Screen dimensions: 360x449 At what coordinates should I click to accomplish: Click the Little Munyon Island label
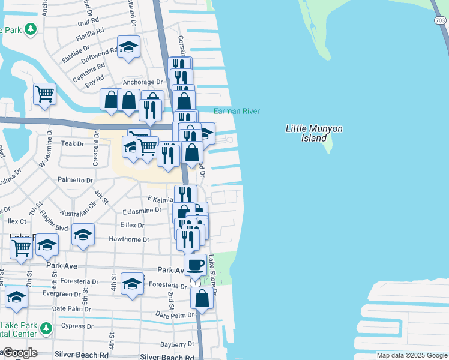point(307,133)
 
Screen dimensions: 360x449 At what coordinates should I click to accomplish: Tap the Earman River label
point(237,111)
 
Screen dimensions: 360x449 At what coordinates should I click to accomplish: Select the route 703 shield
point(439,20)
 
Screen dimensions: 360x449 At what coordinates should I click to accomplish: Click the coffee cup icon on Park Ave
point(196,264)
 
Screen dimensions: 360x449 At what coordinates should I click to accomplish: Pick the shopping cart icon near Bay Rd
point(44,94)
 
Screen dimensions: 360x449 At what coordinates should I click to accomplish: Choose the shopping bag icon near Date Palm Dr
point(202,298)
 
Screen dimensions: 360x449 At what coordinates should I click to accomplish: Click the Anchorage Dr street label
point(143,82)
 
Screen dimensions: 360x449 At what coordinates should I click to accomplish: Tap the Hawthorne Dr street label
point(128,239)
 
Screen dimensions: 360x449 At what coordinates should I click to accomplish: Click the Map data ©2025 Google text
point(411,355)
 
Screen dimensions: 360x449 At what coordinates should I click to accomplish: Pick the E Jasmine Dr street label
point(142,211)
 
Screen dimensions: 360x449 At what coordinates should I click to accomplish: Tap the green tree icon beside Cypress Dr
point(46,329)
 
